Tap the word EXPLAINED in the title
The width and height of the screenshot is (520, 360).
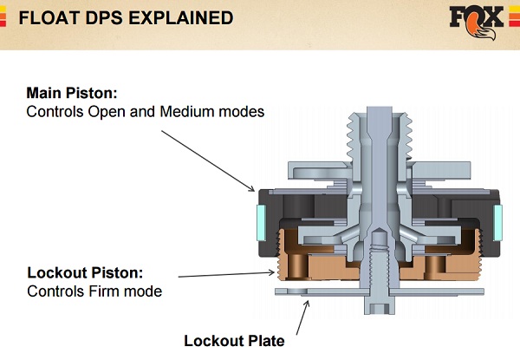point(180,17)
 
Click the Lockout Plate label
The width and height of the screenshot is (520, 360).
point(234,339)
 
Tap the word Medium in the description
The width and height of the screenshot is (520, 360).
point(197,112)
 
